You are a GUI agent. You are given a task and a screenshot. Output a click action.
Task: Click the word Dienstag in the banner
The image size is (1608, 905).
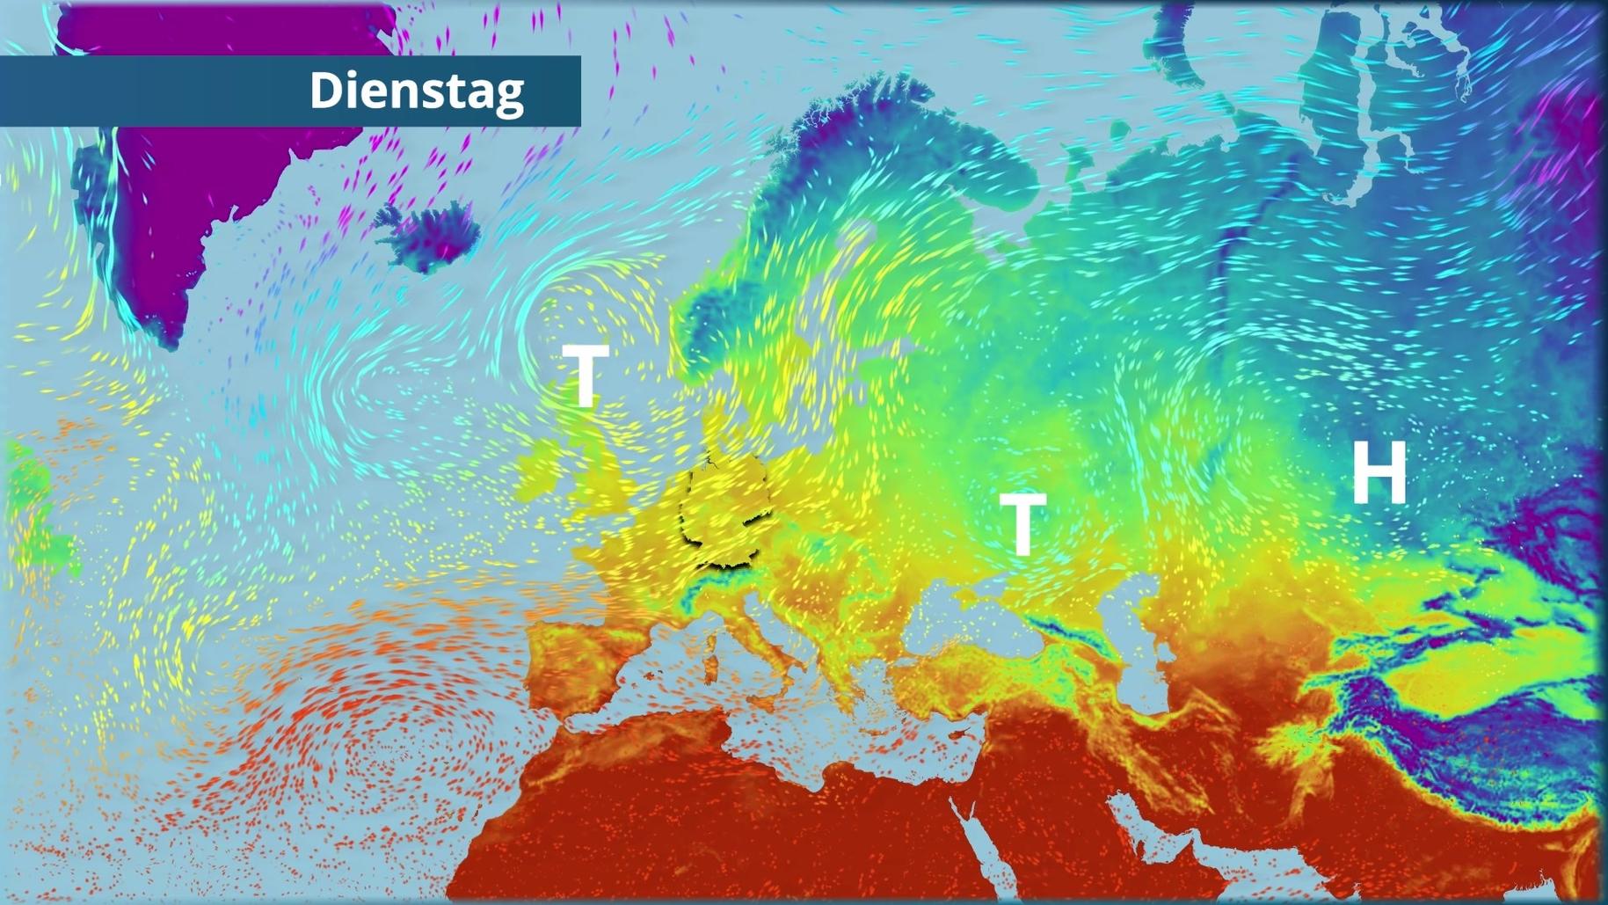(x=416, y=91)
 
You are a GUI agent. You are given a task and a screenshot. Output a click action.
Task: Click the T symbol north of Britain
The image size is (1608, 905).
(x=585, y=374)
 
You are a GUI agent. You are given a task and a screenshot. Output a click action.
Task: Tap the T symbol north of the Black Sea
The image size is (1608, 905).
(x=1022, y=523)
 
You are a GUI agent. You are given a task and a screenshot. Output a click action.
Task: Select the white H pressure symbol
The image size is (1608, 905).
(x=1379, y=472)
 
